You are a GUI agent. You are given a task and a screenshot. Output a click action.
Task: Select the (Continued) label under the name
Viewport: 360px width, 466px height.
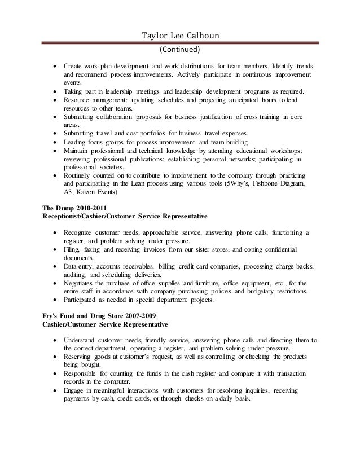181,50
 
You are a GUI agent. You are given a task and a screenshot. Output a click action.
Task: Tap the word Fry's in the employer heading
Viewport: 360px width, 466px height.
52,316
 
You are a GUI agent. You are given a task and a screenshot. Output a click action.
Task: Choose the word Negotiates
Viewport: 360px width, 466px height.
81,283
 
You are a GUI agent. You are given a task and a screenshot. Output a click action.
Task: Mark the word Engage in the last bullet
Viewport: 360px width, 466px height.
74,390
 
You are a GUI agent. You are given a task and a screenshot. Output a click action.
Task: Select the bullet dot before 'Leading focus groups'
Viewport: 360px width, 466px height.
54,142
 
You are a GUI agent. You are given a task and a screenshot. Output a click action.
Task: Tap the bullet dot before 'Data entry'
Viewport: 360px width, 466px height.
54,266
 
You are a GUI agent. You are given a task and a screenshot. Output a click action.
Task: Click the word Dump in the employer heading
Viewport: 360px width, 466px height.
67,208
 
